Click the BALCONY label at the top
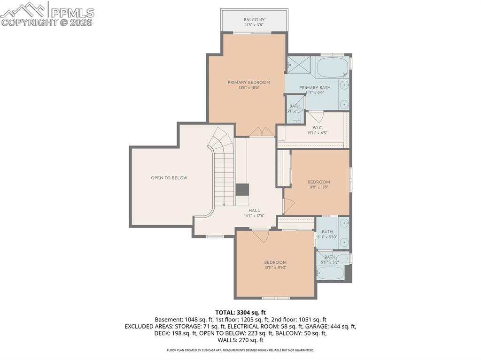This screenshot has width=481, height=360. [x=254, y=20]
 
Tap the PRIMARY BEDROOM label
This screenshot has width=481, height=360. [x=249, y=83]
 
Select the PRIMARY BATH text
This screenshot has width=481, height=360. [x=315, y=88]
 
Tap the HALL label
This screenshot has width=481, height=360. [x=254, y=211]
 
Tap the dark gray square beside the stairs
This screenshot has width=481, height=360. [x=242, y=190]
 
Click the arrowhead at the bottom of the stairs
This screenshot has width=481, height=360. [x=225, y=204]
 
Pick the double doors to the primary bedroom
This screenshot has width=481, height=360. [x=262, y=132]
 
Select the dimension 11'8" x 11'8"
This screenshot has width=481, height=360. [x=318, y=187]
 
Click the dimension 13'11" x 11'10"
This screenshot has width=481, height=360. [x=275, y=268]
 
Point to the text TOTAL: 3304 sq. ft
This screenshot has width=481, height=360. [x=240, y=312]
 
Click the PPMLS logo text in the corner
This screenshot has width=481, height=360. [x=71, y=13]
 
